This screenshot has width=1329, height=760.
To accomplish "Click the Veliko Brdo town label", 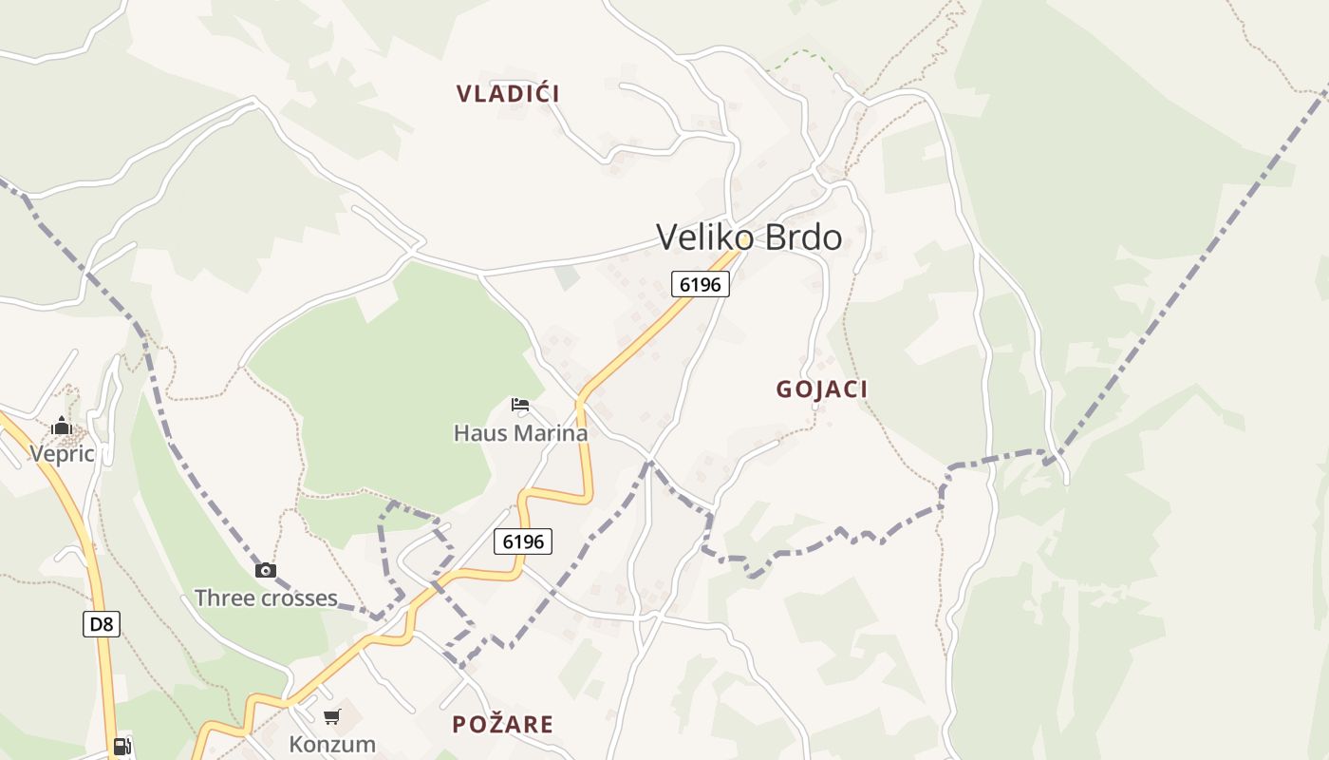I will pyautogui.click(x=749, y=237).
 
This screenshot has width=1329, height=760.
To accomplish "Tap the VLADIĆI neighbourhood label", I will pyautogui.click(x=508, y=93).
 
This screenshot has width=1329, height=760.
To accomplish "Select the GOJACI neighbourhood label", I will pyautogui.click(x=822, y=389).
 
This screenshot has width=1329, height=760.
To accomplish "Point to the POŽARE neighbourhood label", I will pyautogui.click(x=502, y=724).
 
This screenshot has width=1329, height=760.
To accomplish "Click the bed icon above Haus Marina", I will pyautogui.click(x=520, y=405).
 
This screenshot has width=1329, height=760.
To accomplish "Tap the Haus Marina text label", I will pyautogui.click(x=520, y=433).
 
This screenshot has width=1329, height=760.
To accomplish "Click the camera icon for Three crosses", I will pyautogui.click(x=266, y=570).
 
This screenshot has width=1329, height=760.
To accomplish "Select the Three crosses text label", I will pyautogui.click(x=266, y=598).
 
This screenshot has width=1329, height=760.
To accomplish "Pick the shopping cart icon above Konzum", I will pyautogui.click(x=331, y=716).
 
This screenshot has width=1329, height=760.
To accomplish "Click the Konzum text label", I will pyautogui.click(x=332, y=744).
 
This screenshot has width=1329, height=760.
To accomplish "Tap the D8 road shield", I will pyautogui.click(x=102, y=624).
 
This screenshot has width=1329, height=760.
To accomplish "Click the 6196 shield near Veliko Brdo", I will pyautogui.click(x=701, y=284).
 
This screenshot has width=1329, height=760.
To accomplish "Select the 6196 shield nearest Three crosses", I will pyautogui.click(x=523, y=541).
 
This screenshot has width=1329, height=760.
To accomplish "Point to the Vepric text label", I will pyautogui.click(x=62, y=453).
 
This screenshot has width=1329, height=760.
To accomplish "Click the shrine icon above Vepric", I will pyautogui.click(x=62, y=426).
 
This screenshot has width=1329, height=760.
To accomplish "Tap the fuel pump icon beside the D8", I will pyautogui.click(x=122, y=747).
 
